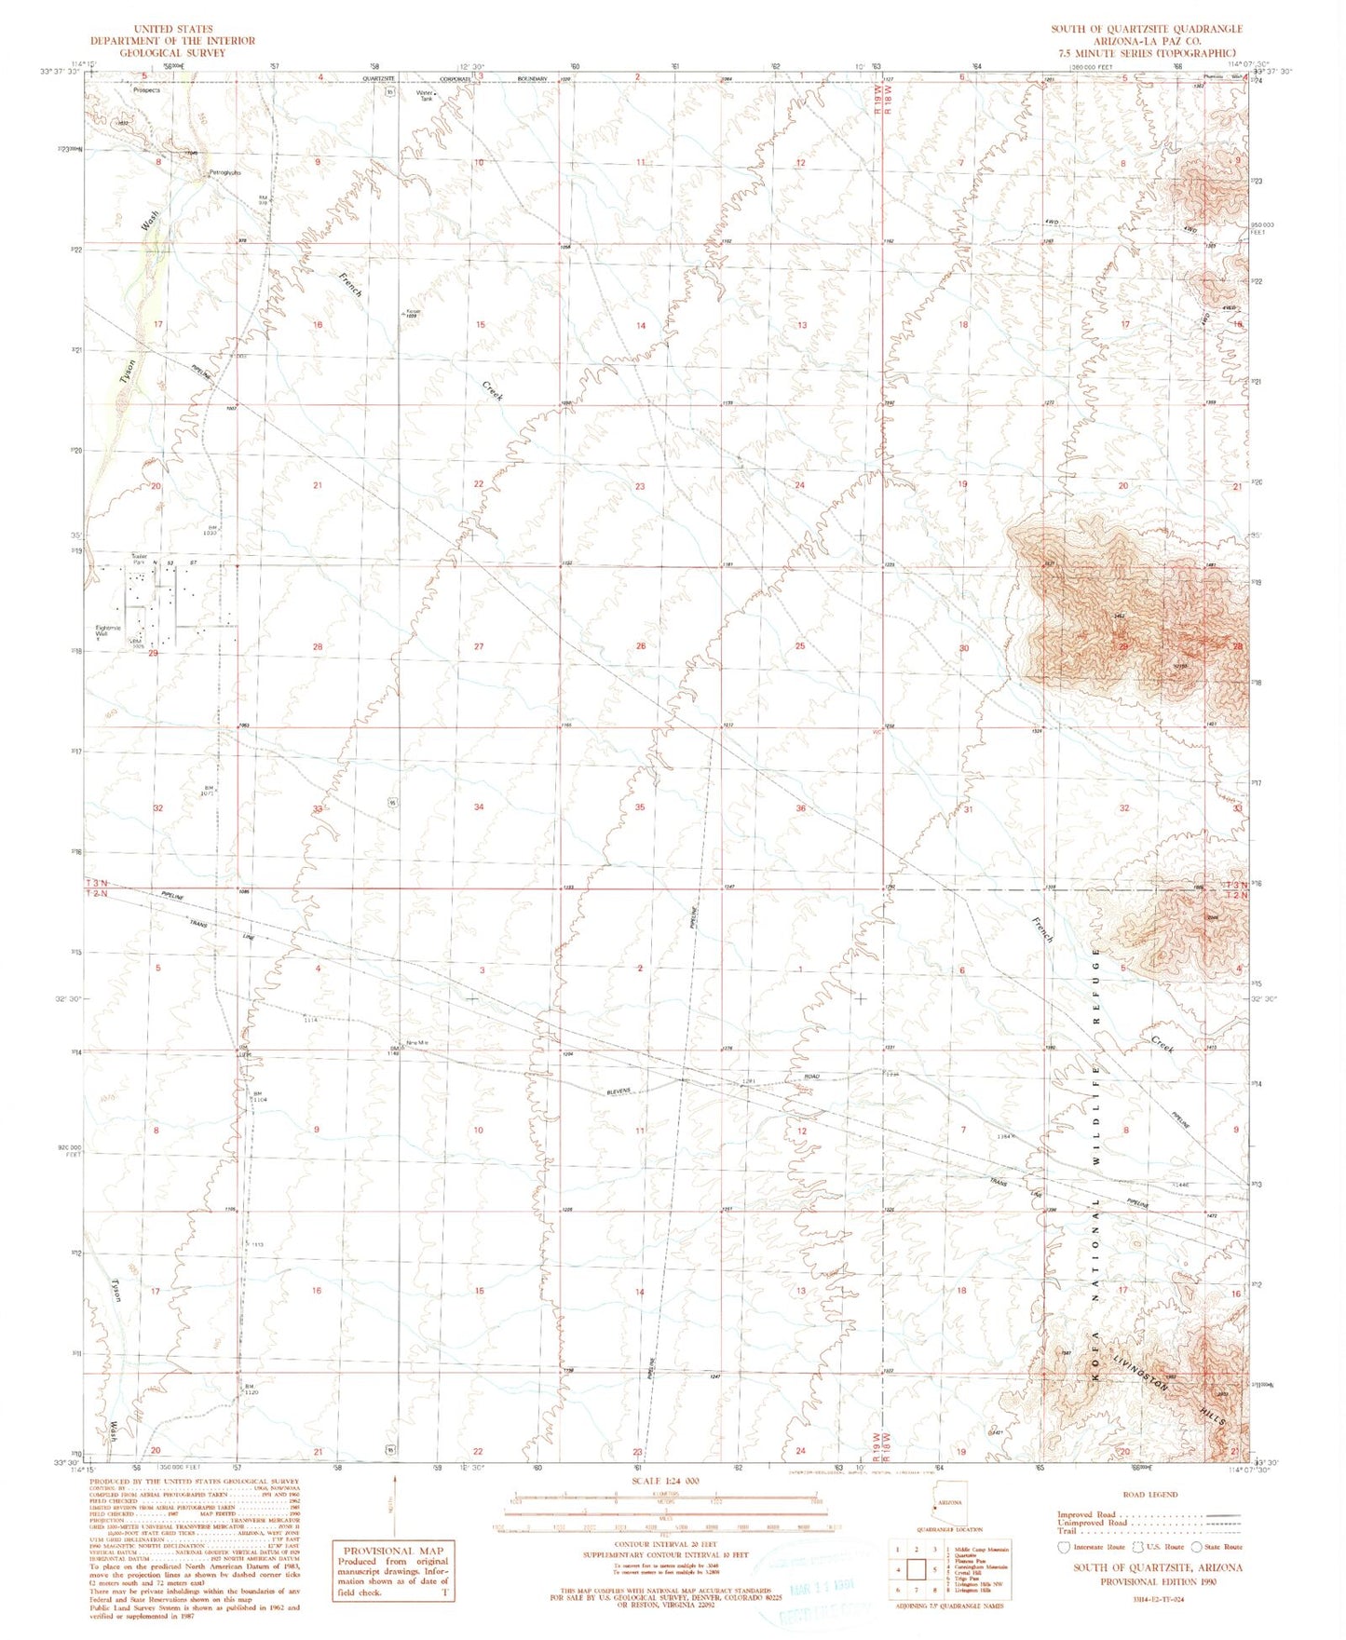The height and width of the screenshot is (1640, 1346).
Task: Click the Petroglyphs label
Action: pos(224,172)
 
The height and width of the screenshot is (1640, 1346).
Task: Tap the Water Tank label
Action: pos(426,95)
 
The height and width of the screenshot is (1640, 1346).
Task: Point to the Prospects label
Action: pos(146,90)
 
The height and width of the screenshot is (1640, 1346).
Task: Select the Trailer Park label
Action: pos(139,560)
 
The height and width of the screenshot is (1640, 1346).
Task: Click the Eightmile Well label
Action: pos(107,630)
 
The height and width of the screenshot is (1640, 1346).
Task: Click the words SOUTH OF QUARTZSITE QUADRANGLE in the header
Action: pos(1147,29)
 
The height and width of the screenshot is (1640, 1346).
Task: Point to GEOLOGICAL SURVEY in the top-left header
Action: pos(172,53)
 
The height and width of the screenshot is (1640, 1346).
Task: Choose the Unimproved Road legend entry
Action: pos(1092,1522)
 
